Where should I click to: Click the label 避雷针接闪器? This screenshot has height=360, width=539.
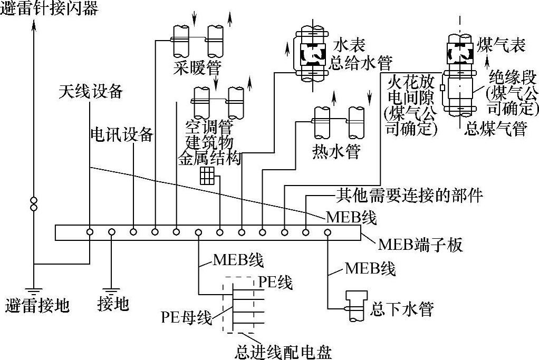(x=50, y=8)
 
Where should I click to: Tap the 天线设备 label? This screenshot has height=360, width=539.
(x=90, y=92)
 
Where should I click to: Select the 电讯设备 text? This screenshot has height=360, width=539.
(x=122, y=134)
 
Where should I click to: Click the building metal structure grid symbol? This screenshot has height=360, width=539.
(x=207, y=176)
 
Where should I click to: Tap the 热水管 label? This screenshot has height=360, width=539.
(x=336, y=152)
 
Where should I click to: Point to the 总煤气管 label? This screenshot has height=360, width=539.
(x=495, y=129)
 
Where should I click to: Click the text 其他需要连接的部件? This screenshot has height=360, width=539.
(x=409, y=196)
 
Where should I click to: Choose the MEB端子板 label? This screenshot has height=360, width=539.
(x=420, y=245)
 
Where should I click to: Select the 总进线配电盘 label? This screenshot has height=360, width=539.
(x=284, y=351)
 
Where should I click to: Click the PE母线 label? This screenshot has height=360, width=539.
(x=186, y=318)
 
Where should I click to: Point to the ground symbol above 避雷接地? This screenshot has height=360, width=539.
(x=34, y=288)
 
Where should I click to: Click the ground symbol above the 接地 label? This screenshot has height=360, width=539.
(x=111, y=288)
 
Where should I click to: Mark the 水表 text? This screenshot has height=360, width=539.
(x=349, y=44)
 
